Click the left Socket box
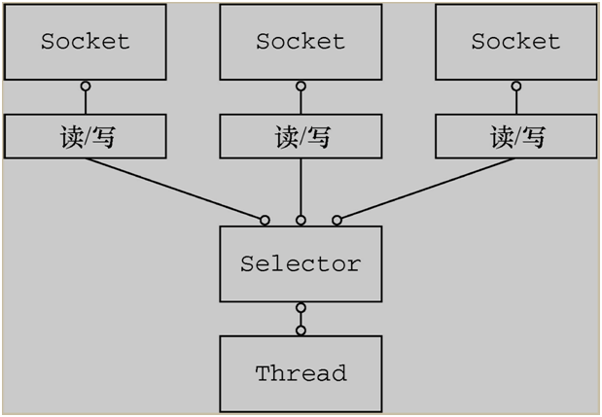pyautogui.click(x=85, y=42)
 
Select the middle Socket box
pyautogui.click(x=301, y=42)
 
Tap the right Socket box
pyautogui.click(x=515, y=42)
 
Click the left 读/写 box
pyautogui.click(x=85, y=137)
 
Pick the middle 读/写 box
pyautogui.click(x=301, y=137)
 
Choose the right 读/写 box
pyautogui.click(x=515, y=137)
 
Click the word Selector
pyautogui.click(x=301, y=264)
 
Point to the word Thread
pyautogui.click(x=301, y=373)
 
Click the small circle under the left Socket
pyautogui.click(x=86, y=87)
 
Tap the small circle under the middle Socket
pyautogui.click(x=301, y=87)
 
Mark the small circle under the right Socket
pyautogui.click(x=515, y=87)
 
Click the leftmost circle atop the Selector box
pyautogui.click(x=265, y=221)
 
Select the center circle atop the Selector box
pyautogui.click(x=301, y=221)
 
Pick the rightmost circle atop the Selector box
pyautogui.click(x=337, y=221)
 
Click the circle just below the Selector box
pyautogui.click(x=301, y=308)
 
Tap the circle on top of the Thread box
pyautogui.click(x=301, y=330)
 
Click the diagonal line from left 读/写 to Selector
pyautogui.click(x=175, y=189)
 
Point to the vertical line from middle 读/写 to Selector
pyautogui.click(x=301, y=187)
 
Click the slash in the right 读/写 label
pyautogui.click(x=516, y=138)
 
